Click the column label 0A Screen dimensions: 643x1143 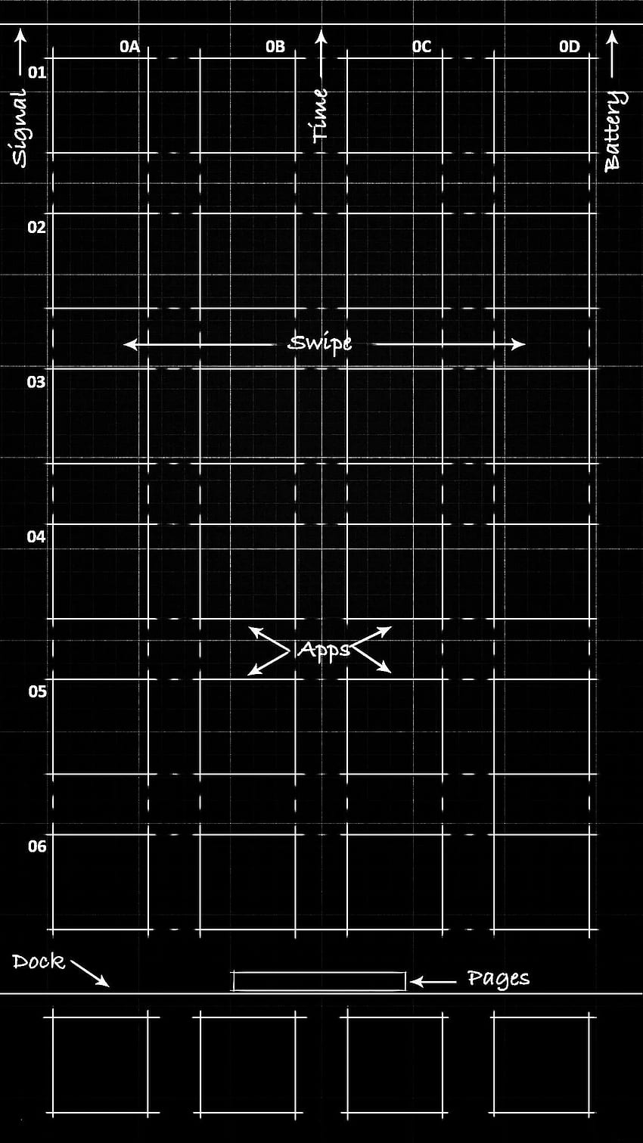129,47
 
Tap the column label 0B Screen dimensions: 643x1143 275,47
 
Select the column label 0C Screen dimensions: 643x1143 421,47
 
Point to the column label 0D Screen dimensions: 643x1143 570,47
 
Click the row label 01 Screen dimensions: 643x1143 37,73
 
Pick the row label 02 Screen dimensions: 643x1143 37,227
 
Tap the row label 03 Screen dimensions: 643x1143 36,382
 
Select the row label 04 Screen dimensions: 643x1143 36,536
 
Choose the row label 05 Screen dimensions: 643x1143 37,691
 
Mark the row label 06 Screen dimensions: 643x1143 37,846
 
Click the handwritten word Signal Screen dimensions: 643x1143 19,128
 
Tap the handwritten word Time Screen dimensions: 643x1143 320,115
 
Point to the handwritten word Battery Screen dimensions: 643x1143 613,132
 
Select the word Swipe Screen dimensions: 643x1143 320,343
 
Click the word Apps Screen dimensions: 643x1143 324,651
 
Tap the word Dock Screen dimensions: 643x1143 39,962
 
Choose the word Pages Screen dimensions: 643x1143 499,979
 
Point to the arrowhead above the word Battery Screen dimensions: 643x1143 613,38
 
